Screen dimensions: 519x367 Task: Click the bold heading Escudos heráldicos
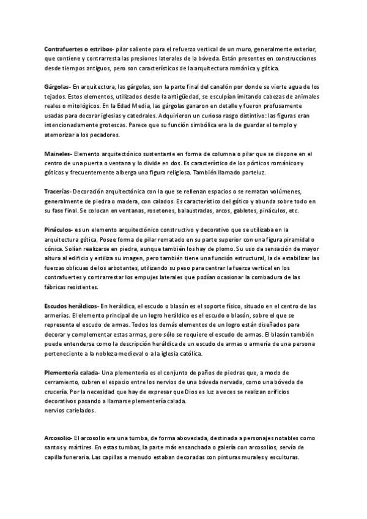click(x=72, y=305)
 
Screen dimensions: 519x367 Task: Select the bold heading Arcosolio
click(x=59, y=438)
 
